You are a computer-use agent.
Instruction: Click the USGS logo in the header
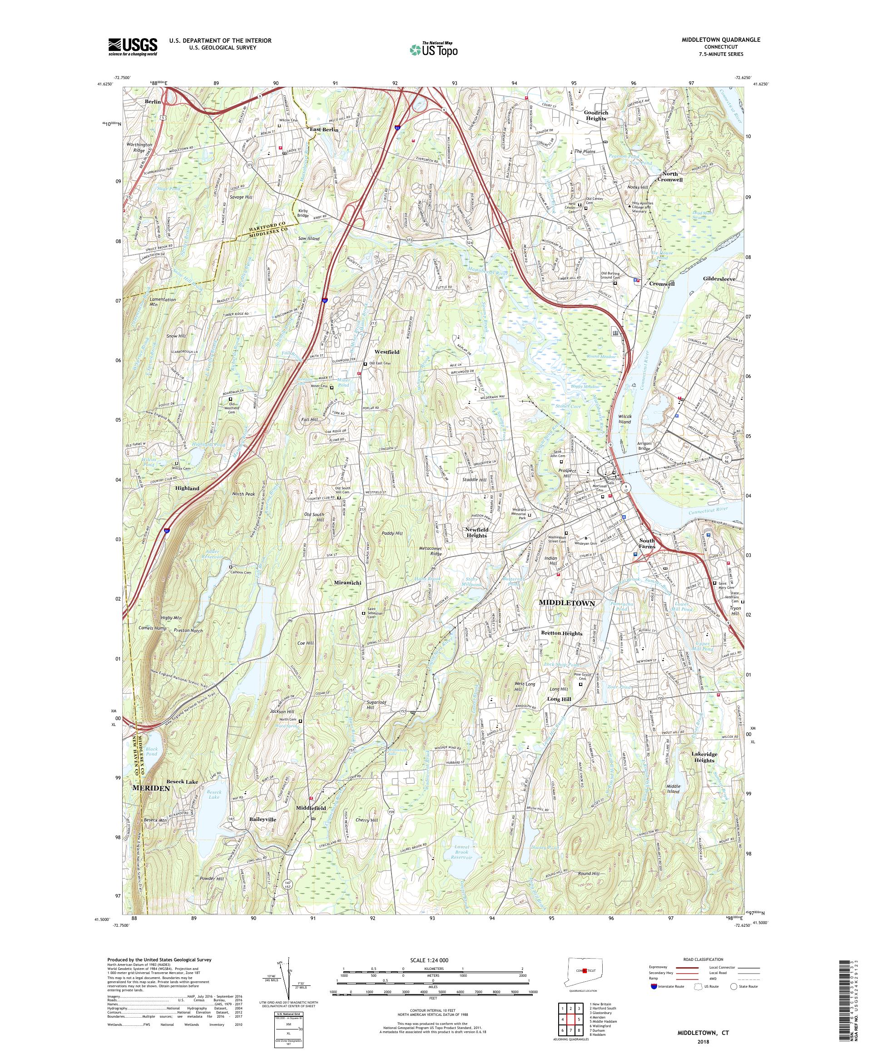click(x=133, y=47)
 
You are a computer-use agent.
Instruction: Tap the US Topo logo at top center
click(x=434, y=49)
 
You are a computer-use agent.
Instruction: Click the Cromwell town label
click(x=662, y=283)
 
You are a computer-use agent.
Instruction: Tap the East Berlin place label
click(x=324, y=129)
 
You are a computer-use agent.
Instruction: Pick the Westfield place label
click(x=386, y=353)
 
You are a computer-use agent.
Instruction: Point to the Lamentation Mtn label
click(x=163, y=302)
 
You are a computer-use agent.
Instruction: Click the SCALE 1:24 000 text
click(x=432, y=959)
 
